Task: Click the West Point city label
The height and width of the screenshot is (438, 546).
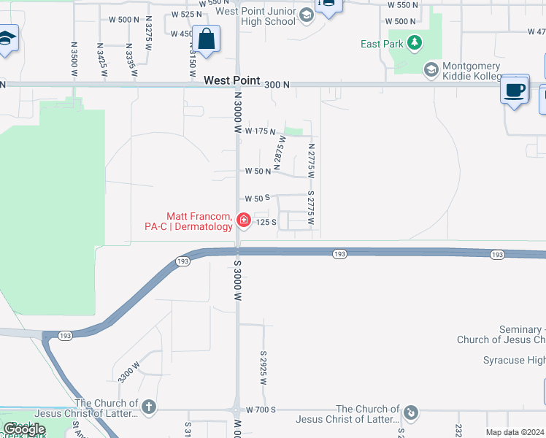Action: tap(231, 80)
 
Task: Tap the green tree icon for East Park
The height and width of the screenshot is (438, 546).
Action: tap(415, 44)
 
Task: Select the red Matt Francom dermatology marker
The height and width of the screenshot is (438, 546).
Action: tap(242, 220)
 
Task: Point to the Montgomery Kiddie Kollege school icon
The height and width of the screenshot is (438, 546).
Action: tap(431, 69)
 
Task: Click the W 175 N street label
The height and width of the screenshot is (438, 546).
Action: tap(260, 131)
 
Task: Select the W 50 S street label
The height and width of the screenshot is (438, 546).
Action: tap(258, 198)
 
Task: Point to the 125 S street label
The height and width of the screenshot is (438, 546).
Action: tap(265, 222)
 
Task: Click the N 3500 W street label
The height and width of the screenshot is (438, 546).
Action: tap(74, 59)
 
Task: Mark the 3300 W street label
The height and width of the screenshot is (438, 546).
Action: tap(129, 371)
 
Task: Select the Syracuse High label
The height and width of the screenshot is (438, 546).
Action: tap(514, 360)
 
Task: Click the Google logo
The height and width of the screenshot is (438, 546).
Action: tap(24, 429)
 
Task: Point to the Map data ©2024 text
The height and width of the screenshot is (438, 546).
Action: tap(515, 432)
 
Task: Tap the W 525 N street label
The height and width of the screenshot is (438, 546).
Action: tap(185, 14)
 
